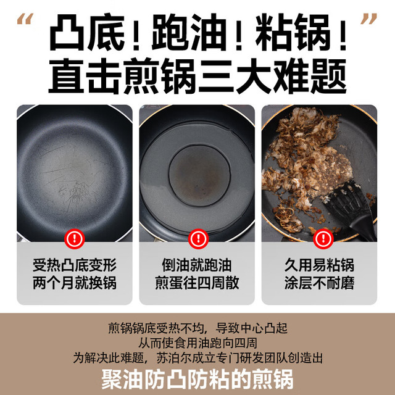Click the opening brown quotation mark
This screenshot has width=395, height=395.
(25, 19)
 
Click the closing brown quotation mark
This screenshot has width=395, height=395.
(369, 19)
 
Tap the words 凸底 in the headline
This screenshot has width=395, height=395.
(87, 33)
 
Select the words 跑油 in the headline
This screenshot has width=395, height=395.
(189, 33)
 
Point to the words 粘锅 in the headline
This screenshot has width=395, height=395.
(293, 33)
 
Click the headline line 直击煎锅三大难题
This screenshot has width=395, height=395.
(197, 77)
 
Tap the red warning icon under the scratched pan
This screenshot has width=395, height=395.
(74, 239)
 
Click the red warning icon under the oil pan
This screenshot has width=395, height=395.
(198, 239)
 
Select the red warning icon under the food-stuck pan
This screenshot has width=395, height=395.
(323, 239)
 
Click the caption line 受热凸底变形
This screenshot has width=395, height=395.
(75, 265)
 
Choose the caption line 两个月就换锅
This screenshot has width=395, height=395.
(75, 283)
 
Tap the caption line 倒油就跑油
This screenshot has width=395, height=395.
(197, 265)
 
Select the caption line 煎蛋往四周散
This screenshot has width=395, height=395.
(197, 283)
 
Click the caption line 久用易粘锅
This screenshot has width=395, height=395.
(320, 265)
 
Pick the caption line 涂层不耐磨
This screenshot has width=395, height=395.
(320, 283)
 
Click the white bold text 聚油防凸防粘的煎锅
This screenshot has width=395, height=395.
(197, 379)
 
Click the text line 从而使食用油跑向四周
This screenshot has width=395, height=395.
(197, 343)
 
